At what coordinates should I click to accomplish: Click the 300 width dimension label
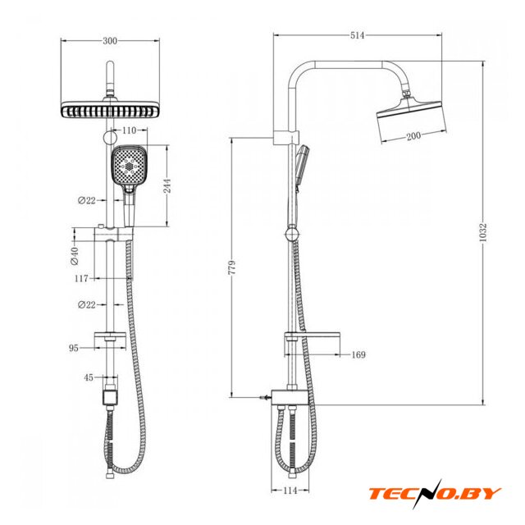[110, 41]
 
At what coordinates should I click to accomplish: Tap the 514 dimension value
[357, 35]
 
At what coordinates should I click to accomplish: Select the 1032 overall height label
[482, 232]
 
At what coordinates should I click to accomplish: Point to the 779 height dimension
[231, 267]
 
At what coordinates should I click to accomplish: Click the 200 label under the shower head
[413, 136]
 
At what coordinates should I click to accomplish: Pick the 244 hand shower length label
[167, 186]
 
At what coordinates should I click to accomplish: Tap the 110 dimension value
[130, 130]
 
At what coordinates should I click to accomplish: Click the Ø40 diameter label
[75, 256]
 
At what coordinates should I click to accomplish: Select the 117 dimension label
[82, 278]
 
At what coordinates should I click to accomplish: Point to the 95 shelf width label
[74, 348]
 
